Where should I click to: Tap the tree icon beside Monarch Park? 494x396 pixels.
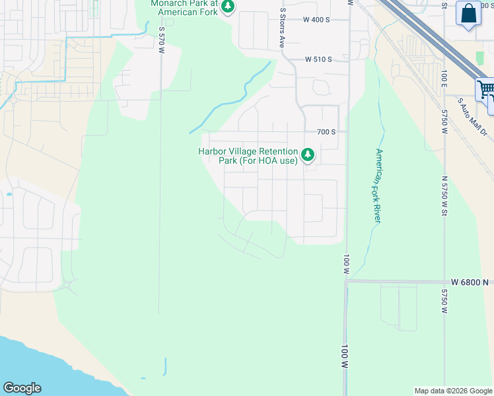click(228, 7)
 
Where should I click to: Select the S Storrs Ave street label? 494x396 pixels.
click(282, 28)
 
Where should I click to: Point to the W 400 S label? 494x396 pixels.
click(316, 20)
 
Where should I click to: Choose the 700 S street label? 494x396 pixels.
click(326, 132)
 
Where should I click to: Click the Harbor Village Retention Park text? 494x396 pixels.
click(248, 156)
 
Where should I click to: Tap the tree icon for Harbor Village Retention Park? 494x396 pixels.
click(307, 155)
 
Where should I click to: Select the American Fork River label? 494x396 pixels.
click(378, 185)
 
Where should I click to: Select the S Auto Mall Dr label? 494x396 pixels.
click(473, 119)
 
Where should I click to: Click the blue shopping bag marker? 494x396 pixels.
click(468, 13)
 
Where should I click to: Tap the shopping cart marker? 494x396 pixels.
click(485, 89)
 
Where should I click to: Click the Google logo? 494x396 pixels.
click(22, 388)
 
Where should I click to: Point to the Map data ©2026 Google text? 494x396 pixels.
click(453, 391)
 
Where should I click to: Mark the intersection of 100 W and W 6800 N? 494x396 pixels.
click(345, 280)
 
